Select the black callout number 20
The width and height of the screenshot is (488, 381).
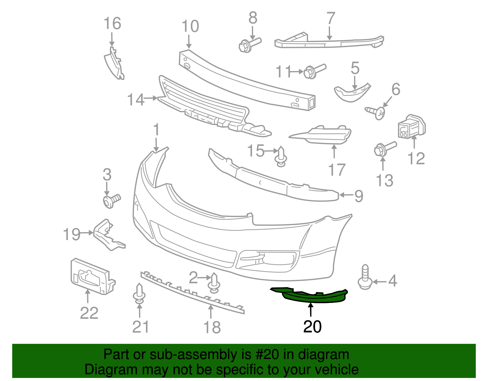(312, 327)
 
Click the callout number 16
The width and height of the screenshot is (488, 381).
(112, 23)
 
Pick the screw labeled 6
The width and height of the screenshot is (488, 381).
(377, 112)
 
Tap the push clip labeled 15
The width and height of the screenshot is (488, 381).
(281, 157)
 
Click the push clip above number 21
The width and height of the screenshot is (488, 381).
(139, 293)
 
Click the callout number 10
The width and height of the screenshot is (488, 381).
(190, 26)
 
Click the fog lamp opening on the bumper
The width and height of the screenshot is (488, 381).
(268, 259)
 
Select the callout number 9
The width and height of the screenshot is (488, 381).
(359, 196)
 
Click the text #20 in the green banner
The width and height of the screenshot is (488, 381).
(265, 354)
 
